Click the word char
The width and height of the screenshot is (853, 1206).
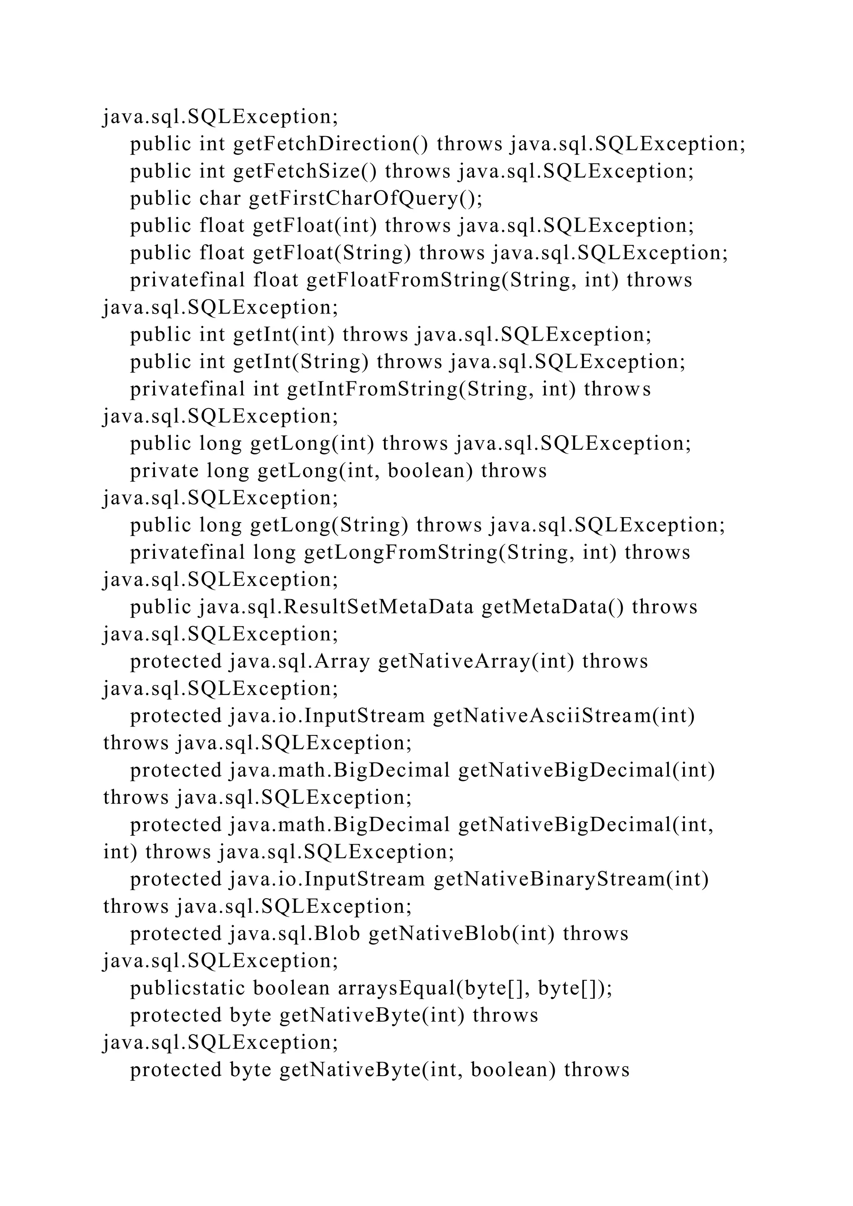coord(220,199)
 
